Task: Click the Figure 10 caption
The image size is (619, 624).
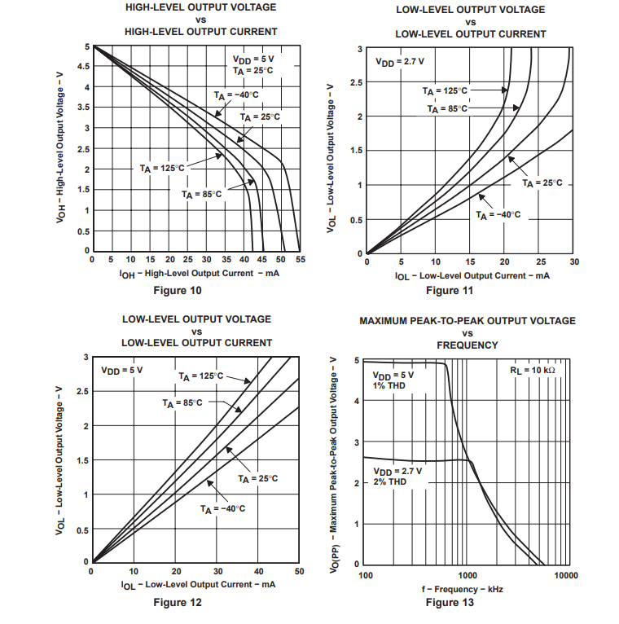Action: point(177,291)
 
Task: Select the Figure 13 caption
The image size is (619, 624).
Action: point(449,603)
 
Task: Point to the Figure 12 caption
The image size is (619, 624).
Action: point(178,603)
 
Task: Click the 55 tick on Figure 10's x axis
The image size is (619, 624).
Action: point(301,260)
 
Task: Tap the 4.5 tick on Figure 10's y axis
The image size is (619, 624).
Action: point(83,67)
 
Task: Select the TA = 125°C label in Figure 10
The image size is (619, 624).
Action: point(162,168)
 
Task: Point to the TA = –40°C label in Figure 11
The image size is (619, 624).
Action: point(498,215)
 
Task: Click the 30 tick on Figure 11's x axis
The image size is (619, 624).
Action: point(574,262)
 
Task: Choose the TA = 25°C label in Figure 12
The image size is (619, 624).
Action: point(257,478)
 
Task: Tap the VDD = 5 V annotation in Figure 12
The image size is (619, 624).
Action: point(121,371)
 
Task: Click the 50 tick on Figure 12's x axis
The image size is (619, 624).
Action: point(299,572)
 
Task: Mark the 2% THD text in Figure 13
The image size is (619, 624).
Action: point(390,482)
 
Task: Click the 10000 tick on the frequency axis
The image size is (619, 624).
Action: point(565,575)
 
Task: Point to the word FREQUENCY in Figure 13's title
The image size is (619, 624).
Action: point(467,345)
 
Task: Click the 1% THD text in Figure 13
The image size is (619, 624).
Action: point(390,385)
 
